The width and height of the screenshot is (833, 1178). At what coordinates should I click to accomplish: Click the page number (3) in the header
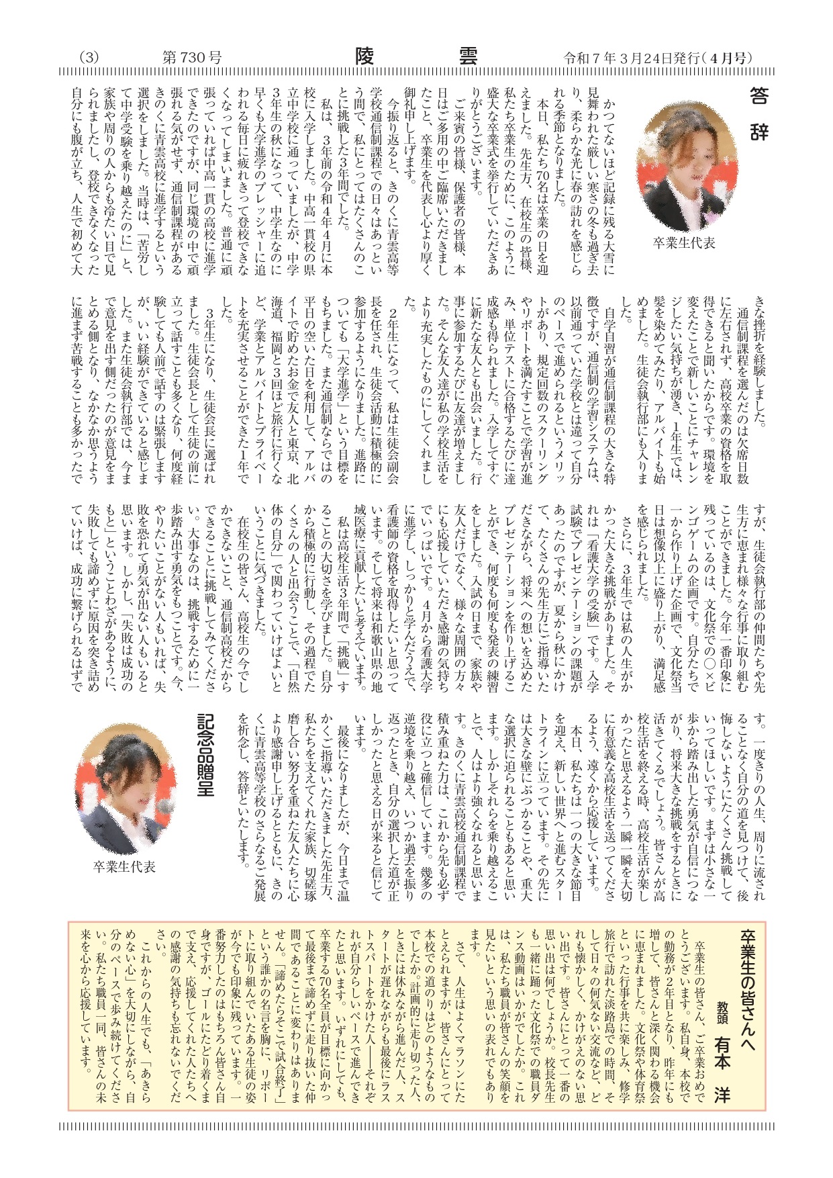89,58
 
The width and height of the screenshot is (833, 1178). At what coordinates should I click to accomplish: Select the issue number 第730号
192,58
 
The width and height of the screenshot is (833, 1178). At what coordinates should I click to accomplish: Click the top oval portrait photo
684,166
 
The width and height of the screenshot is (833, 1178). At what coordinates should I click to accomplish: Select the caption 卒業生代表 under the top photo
684,243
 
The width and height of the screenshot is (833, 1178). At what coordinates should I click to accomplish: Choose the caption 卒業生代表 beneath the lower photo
125,867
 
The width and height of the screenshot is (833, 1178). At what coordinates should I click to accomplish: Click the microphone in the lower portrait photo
164,807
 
